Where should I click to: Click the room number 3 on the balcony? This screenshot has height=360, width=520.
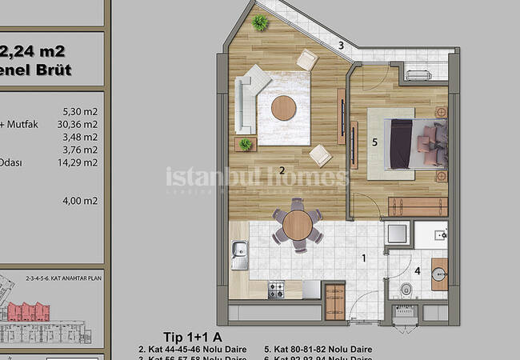click(x=341, y=46)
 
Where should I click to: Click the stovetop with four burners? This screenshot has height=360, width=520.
click(x=277, y=289)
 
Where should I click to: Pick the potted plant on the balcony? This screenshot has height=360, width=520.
click(x=260, y=23)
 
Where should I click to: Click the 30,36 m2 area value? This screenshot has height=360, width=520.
click(x=80, y=124)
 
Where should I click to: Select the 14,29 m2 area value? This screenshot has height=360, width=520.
click(x=80, y=162)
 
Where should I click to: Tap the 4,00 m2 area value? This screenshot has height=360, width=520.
click(x=80, y=201)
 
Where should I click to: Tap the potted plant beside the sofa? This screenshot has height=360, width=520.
click(x=246, y=144)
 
